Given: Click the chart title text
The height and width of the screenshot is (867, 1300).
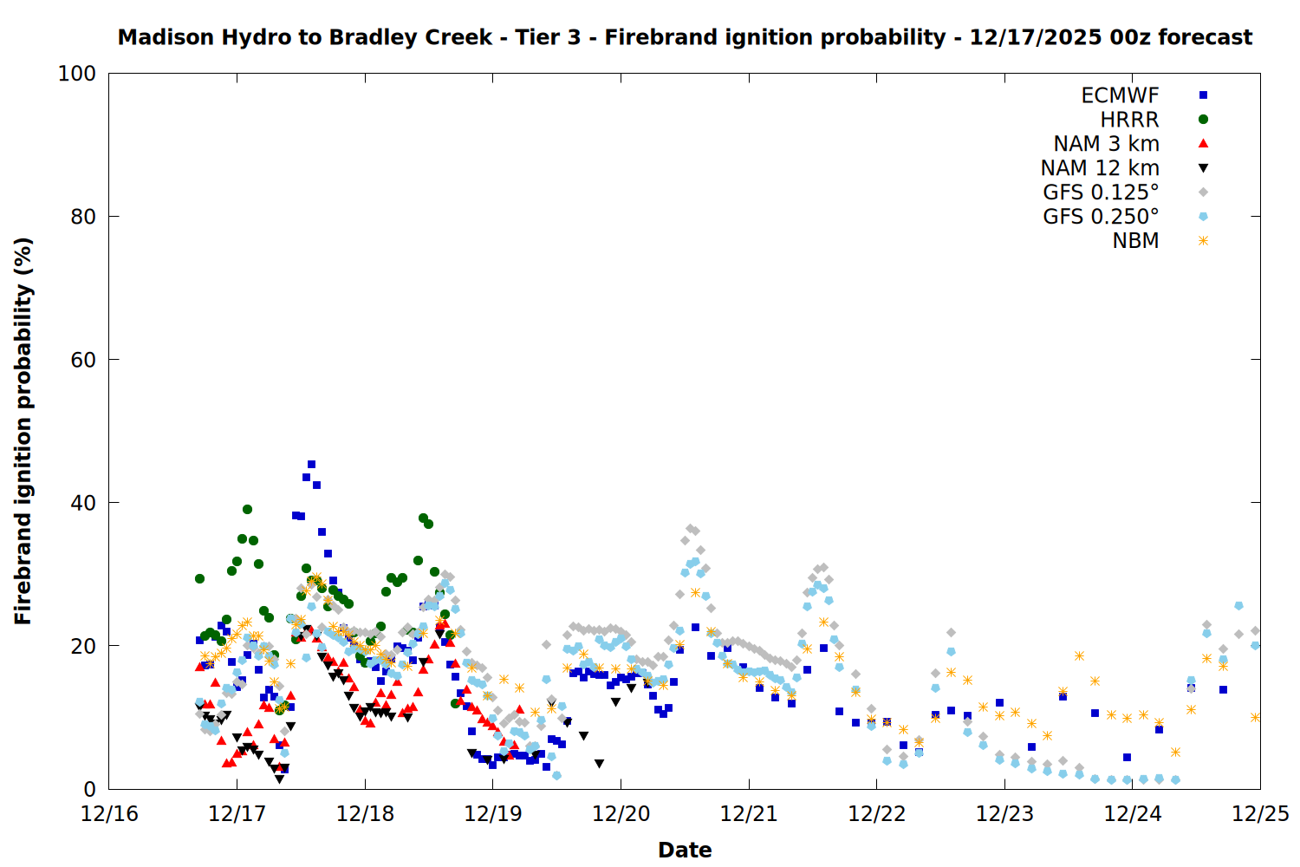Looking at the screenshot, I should pyautogui.click(x=685, y=37).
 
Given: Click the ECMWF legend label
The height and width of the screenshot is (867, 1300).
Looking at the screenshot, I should pyautogui.click(x=1120, y=95).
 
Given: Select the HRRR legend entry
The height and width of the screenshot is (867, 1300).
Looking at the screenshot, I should pyautogui.click(x=1129, y=120).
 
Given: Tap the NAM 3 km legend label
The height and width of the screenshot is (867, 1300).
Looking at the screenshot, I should pyautogui.click(x=1106, y=144).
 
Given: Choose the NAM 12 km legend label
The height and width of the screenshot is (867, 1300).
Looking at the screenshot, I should pyautogui.click(x=1100, y=168).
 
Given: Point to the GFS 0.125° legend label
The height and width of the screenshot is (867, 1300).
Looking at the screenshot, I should pyautogui.click(x=1101, y=192).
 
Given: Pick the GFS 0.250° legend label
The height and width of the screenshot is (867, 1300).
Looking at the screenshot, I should pyautogui.click(x=1101, y=217).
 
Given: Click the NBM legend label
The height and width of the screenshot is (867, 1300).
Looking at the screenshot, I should pyautogui.click(x=1135, y=241).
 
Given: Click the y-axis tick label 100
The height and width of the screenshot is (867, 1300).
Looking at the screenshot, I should pyautogui.click(x=77, y=74).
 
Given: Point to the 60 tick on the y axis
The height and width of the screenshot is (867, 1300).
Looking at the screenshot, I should pyautogui.click(x=83, y=360).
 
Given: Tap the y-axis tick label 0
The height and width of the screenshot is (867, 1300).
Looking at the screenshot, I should pyautogui.click(x=89, y=789).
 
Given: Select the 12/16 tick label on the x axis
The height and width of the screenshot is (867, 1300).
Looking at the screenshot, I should pyautogui.click(x=109, y=814).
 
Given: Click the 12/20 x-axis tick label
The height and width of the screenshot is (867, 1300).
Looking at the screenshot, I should pyautogui.click(x=621, y=814).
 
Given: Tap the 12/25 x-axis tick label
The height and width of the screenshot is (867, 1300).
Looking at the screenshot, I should pyautogui.click(x=1260, y=814).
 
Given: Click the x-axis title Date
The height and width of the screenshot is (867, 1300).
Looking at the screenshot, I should pyautogui.click(x=685, y=850).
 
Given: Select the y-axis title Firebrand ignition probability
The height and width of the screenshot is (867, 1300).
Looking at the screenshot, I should pyautogui.click(x=23, y=431).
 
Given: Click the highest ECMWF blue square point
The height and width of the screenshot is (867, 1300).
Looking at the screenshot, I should pyautogui.click(x=311, y=465).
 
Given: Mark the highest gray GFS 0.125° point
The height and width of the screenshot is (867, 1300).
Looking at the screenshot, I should pyautogui.click(x=690, y=528).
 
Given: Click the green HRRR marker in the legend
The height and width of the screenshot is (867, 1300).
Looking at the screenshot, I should pyautogui.click(x=1203, y=120).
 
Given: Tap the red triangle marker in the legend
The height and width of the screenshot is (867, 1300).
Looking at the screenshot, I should pyautogui.click(x=1203, y=144).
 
